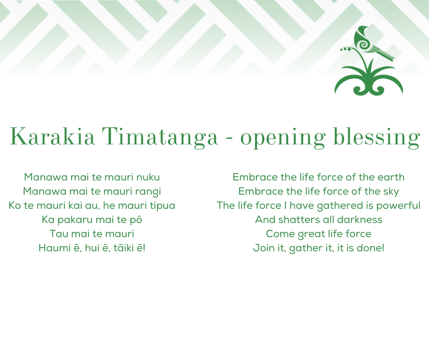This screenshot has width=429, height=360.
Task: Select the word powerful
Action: [398, 206]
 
